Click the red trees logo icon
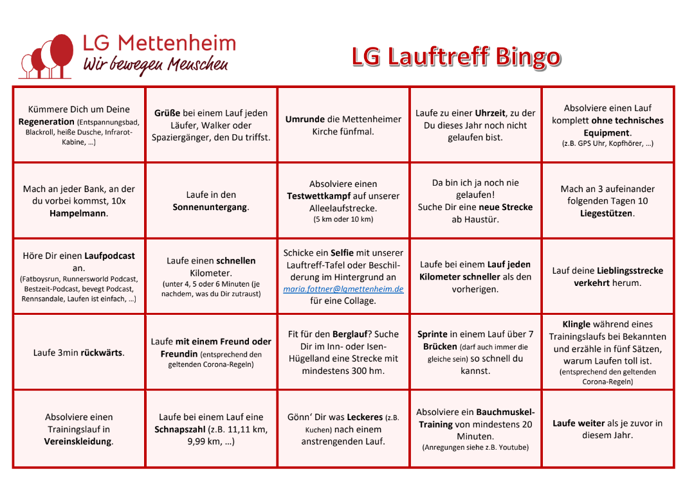(x=45, y=56)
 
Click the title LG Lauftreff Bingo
(x=456, y=57)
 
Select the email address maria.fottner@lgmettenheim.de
(x=343, y=289)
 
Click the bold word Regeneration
(x=46, y=121)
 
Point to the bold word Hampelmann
(x=78, y=213)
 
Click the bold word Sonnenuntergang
(x=210, y=207)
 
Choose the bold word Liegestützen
(x=606, y=213)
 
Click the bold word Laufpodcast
(x=110, y=256)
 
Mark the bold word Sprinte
(x=434, y=334)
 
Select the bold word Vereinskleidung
(x=78, y=441)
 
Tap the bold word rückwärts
(x=102, y=353)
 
